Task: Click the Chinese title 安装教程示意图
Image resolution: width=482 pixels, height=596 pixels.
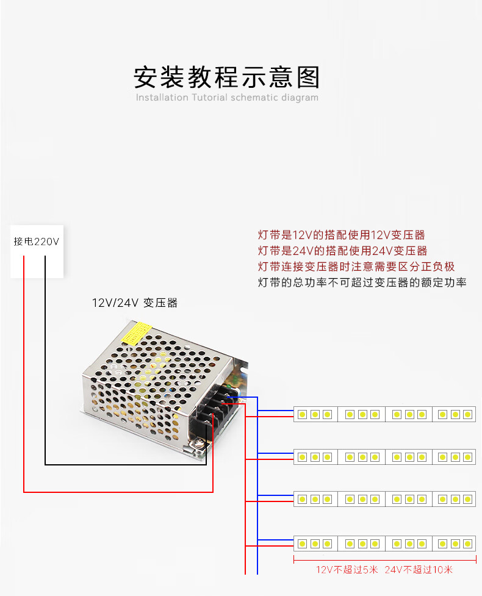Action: [x=226, y=77]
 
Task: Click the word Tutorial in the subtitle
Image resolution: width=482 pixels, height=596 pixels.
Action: [x=209, y=98]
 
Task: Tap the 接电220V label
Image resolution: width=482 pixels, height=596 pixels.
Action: [x=37, y=242]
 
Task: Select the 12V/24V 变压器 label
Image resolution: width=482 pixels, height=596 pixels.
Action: [x=135, y=303]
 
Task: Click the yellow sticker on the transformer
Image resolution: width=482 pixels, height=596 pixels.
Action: [x=136, y=334]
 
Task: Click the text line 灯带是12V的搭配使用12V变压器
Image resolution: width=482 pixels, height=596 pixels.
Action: [x=341, y=235]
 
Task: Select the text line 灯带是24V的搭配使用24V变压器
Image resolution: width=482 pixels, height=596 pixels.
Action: [x=342, y=251]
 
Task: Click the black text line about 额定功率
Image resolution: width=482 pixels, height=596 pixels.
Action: [x=362, y=282]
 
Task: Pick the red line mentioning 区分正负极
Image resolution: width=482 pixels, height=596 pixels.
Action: [x=356, y=267]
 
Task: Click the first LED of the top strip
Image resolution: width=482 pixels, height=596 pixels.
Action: [x=303, y=414]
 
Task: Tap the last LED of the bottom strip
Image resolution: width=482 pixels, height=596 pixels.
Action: [x=468, y=544]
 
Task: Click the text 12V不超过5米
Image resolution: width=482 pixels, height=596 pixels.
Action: [x=347, y=569]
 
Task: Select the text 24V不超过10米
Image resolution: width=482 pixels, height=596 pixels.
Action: [x=419, y=569]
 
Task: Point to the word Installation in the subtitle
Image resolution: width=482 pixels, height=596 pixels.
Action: [x=162, y=98]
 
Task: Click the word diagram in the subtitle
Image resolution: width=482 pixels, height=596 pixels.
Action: [x=300, y=98]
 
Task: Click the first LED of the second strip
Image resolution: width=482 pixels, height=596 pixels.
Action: [x=303, y=457]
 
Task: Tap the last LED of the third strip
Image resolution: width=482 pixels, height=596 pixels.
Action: [x=468, y=499]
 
